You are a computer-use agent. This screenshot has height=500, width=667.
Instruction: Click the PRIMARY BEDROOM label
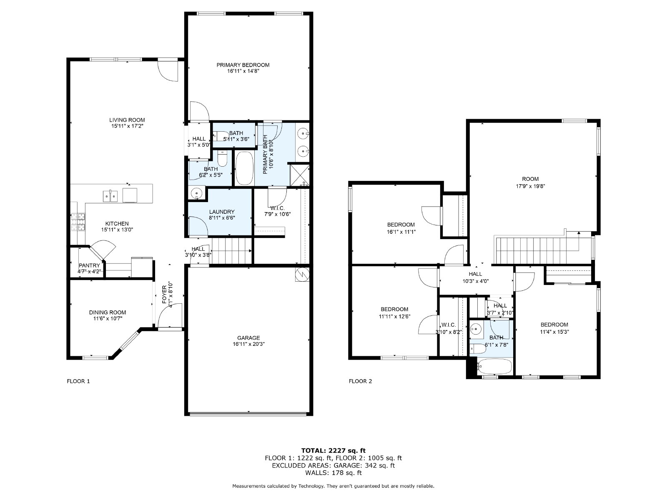point(243,65)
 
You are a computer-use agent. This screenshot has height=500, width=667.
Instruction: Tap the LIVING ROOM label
point(127,120)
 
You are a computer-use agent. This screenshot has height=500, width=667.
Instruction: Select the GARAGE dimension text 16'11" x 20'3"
point(248,344)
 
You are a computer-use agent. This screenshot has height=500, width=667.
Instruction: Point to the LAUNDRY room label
point(222,212)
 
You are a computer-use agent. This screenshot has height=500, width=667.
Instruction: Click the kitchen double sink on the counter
point(110,196)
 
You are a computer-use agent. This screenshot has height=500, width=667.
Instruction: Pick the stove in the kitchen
point(78,222)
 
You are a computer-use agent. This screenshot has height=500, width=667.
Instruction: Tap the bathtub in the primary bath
point(244,168)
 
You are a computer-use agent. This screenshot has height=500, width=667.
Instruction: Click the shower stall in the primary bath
point(300,175)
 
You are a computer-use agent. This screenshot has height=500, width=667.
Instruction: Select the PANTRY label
point(89,265)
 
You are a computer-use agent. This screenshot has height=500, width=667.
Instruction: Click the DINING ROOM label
point(107,312)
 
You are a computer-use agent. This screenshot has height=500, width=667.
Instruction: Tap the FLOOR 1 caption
point(78,381)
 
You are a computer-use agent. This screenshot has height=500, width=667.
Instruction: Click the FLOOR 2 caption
point(361,381)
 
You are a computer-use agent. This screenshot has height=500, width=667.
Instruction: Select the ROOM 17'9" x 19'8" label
point(531,182)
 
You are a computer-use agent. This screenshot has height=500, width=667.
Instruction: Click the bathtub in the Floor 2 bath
point(494,366)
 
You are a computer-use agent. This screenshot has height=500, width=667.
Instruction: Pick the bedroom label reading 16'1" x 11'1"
point(401,228)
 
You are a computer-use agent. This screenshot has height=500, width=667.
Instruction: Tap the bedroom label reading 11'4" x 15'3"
point(554,328)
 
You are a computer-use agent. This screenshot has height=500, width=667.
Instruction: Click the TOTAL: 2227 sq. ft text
point(333,450)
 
